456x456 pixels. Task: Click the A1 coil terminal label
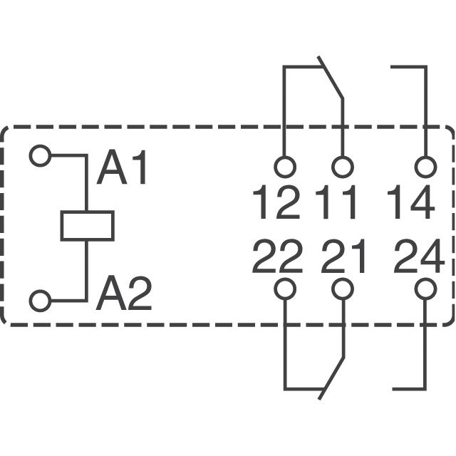click(x=121, y=167)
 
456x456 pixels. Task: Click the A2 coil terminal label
click(x=124, y=293)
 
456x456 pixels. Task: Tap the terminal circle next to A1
click(x=40, y=155)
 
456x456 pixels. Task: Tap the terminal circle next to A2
click(x=40, y=301)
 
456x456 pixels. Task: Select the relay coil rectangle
click(x=87, y=226)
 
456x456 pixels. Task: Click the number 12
click(x=276, y=202)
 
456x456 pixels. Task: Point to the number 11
click(x=336, y=202)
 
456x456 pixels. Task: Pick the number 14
click(x=411, y=202)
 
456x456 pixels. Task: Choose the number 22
click(x=277, y=256)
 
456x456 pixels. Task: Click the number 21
click(x=343, y=256)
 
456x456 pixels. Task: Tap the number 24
click(x=419, y=256)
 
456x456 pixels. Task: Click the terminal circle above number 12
click(x=285, y=167)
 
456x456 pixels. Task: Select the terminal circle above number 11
click(x=343, y=167)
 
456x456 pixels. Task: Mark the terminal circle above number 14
click(x=426, y=167)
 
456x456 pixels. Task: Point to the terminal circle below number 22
click(x=285, y=289)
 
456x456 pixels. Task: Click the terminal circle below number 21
click(x=343, y=289)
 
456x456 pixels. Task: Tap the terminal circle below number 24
click(x=426, y=289)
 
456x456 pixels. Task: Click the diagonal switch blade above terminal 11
click(x=331, y=78)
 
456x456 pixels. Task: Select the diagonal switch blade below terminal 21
click(x=331, y=378)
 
